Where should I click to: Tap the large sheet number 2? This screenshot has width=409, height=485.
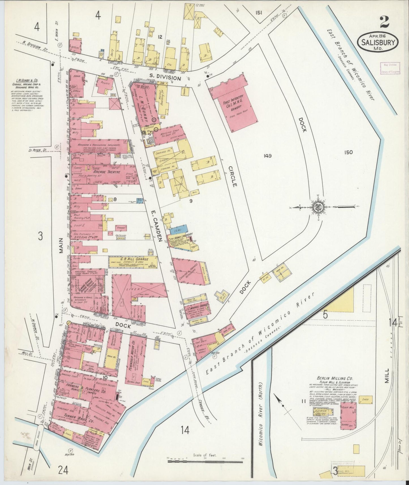point(384,22)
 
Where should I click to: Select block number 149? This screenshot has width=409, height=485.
point(267,155)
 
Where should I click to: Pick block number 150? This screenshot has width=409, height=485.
point(348,152)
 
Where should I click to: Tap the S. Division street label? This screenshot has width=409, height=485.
point(166,78)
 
